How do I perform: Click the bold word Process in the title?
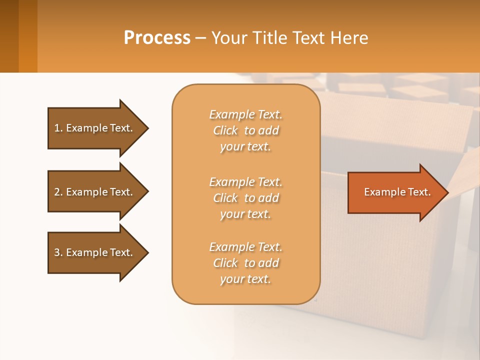(157, 38)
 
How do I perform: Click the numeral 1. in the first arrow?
(58, 128)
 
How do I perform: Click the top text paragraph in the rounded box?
(245, 130)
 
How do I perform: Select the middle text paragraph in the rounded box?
(245, 198)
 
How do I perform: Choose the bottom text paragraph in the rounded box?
(245, 263)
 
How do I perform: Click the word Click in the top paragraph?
(225, 130)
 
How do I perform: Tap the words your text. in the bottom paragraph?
(245, 279)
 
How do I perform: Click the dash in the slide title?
(201, 38)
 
